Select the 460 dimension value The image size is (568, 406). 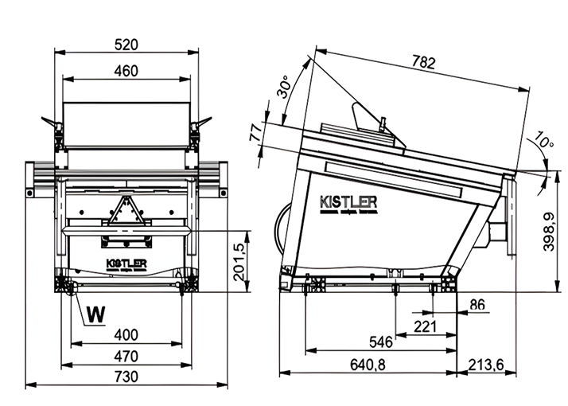pyautogui.click(x=126, y=70)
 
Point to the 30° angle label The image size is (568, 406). pyautogui.click(x=284, y=87)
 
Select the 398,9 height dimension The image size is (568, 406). pyautogui.click(x=550, y=232)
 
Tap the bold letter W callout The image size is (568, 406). pyautogui.click(x=95, y=314)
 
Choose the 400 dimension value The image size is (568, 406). pyautogui.click(x=126, y=334)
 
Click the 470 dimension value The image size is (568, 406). pyautogui.click(x=126, y=355)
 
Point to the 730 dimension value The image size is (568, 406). pyautogui.click(x=126, y=376)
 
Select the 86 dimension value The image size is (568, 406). pyautogui.click(x=477, y=304)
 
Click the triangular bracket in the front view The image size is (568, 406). pyautogui.click(x=125, y=213)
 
